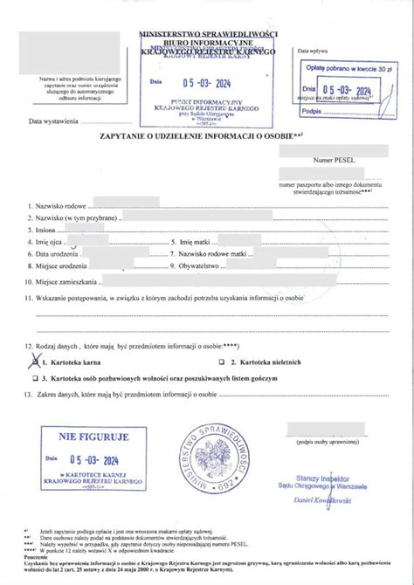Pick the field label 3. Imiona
point(45,229)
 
